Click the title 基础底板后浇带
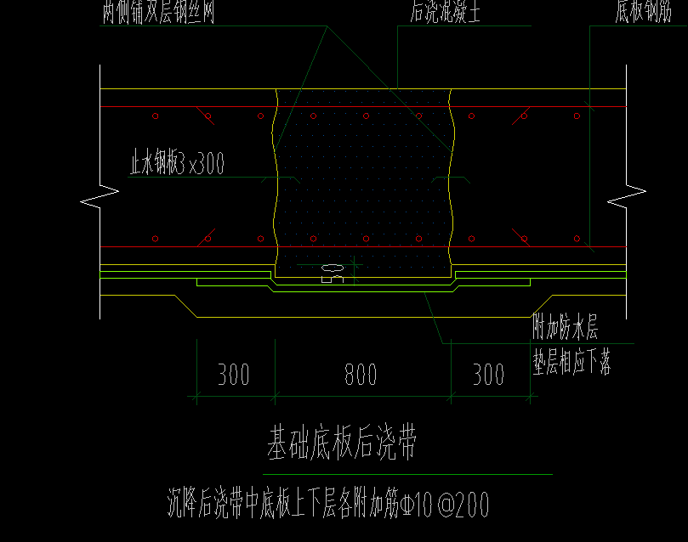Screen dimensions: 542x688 pyautogui.click(x=342, y=443)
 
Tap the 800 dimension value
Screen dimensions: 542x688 pyautogui.click(x=361, y=375)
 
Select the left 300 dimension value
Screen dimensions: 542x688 pyautogui.click(x=233, y=375)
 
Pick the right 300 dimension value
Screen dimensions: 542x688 pyautogui.click(x=488, y=375)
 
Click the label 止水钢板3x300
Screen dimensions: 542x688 pyautogui.click(x=177, y=163)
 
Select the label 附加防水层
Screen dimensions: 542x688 pyautogui.click(x=566, y=327)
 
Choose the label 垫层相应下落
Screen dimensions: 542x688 pyautogui.click(x=571, y=363)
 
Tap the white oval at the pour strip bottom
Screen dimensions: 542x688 pyautogui.click(x=332, y=268)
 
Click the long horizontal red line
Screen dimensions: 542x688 pyautogui.click(x=187, y=246)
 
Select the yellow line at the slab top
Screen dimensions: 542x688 pyautogui.click(x=187, y=89)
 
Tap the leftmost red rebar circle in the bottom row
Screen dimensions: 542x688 pyautogui.click(x=155, y=239)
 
